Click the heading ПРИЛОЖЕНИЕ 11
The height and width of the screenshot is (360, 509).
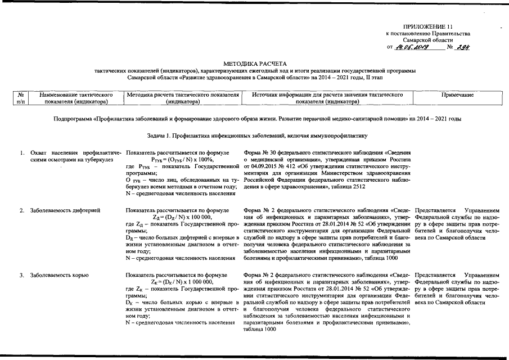click(x=427, y=27)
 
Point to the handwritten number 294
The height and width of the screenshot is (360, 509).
click(x=462, y=47)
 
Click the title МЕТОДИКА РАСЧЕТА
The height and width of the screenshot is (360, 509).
click(x=255, y=64)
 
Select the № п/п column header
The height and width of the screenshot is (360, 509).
click(x=20, y=99)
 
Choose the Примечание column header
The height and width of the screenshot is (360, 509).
click(x=458, y=96)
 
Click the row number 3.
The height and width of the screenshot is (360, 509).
click(x=21, y=275)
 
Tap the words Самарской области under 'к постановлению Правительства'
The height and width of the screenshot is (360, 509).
click(x=431, y=40)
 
